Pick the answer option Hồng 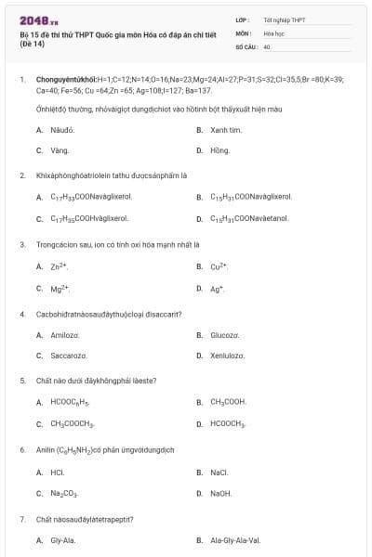click(x=220, y=149)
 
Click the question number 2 click(x=22, y=175)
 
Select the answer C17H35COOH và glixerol click(x=89, y=219)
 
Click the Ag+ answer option click(x=218, y=289)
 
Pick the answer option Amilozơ click(x=65, y=334)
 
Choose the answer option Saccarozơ click(x=69, y=356)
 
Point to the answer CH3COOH click(x=228, y=402)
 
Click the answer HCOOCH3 click(x=228, y=424)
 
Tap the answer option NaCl click(x=219, y=472)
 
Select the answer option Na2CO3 click(x=64, y=494)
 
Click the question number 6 click(x=22, y=449)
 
